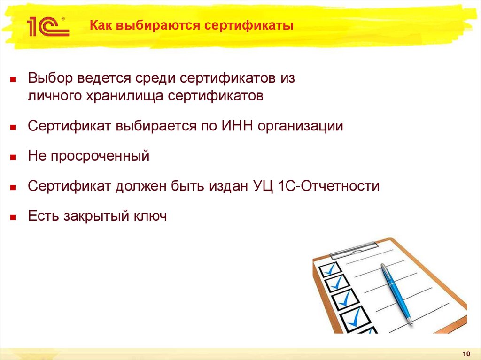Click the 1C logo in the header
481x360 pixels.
(47, 27)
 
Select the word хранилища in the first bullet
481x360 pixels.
(124, 96)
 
